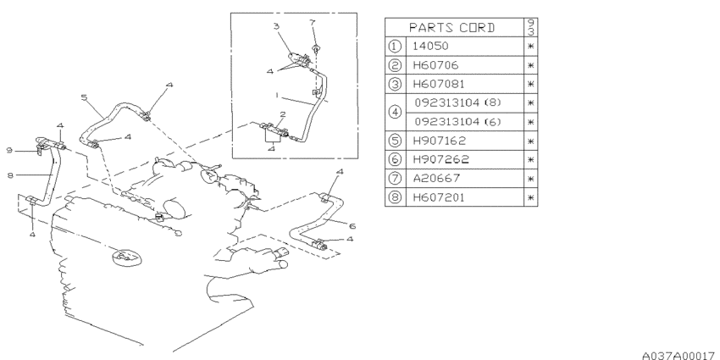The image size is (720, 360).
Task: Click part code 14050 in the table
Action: tap(430, 46)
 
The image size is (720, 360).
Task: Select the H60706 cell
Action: tap(435, 65)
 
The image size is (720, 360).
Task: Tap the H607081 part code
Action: tap(439, 84)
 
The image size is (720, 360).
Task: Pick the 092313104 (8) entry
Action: tap(457, 103)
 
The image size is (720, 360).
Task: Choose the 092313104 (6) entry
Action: tap(457, 122)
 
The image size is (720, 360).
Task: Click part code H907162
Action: tap(439, 141)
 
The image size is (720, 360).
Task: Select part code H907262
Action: tap(440, 159)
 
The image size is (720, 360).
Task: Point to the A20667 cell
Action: tap(436, 178)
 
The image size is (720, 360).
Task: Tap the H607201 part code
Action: tap(439, 197)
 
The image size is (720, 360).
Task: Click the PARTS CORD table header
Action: tap(452, 28)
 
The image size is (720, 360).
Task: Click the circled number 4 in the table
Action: tap(395, 113)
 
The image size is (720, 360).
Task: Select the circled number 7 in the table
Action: tap(395, 178)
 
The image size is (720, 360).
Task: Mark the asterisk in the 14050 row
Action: tap(531, 47)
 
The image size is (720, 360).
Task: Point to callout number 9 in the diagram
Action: tap(9, 150)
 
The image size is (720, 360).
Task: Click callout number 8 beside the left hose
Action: tap(10, 175)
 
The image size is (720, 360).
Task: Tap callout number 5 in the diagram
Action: tap(84, 97)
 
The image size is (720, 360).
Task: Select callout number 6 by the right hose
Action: tap(352, 226)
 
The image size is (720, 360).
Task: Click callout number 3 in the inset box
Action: tap(276, 26)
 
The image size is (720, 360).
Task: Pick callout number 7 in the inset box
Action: tap(313, 22)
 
